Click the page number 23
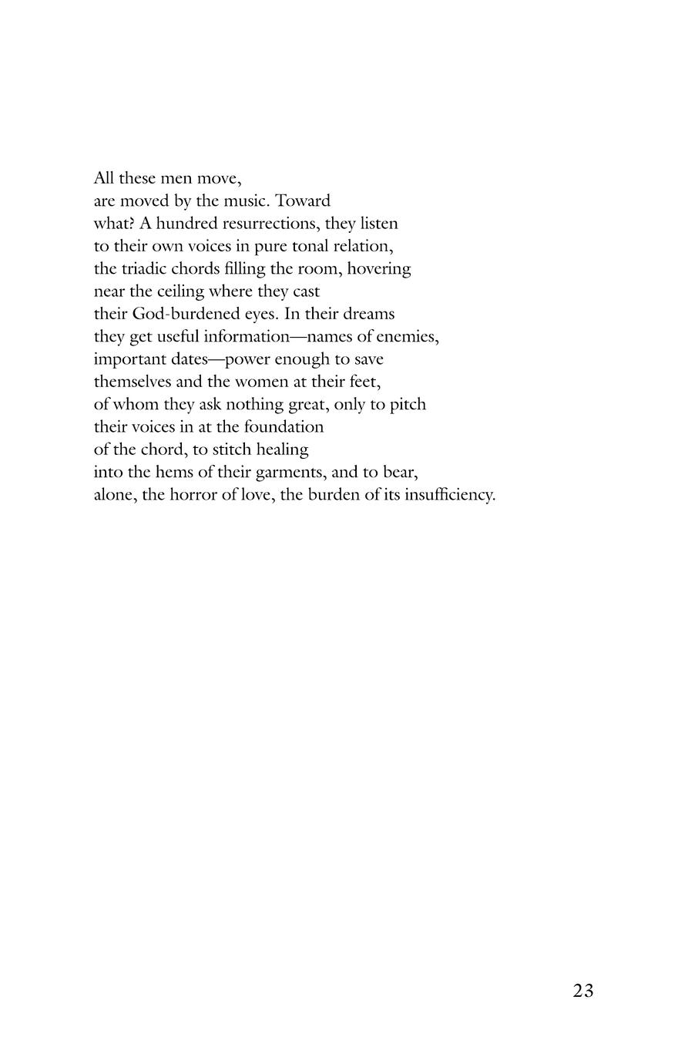[x=583, y=991]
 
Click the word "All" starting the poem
[x=104, y=179]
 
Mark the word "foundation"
[x=284, y=426]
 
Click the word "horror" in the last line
[x=193, y=494]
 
